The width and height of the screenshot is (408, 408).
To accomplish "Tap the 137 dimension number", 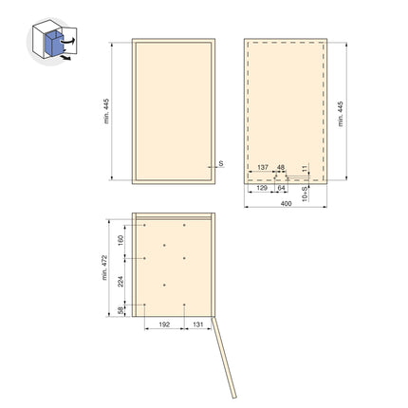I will point(263,167).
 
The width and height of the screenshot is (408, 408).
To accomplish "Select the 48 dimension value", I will point(281,167).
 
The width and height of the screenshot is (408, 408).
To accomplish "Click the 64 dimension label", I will point(281,189).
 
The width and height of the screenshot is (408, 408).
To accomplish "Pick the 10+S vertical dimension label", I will point(305,193).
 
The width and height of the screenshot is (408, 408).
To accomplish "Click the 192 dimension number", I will point(163,325).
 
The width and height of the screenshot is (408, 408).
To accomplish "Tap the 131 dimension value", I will point(196,325).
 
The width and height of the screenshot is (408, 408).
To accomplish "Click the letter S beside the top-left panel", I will point(219,163).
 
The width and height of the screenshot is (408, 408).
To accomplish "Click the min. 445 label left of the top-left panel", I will point(107,111).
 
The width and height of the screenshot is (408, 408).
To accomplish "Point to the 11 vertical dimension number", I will point(305,168).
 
